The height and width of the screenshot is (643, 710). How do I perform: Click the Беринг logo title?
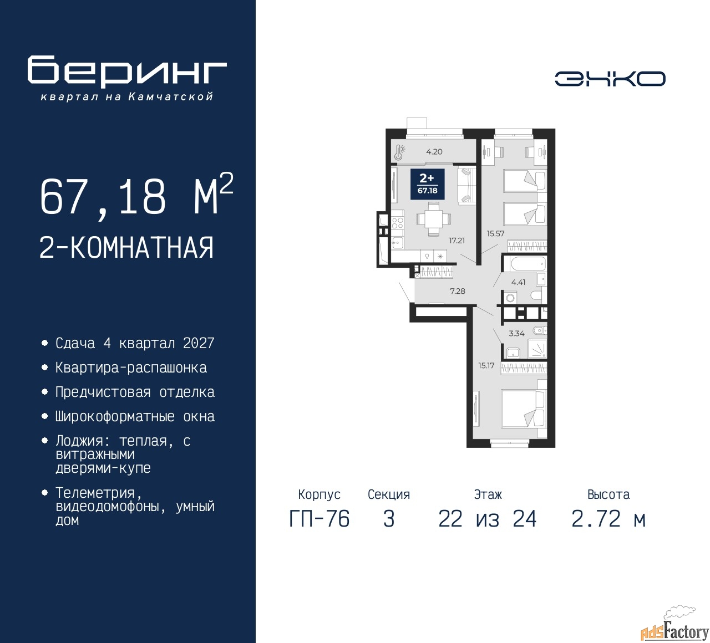(126, 71)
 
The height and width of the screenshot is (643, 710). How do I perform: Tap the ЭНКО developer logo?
(610, 79)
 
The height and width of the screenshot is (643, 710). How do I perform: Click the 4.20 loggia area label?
(434, 152)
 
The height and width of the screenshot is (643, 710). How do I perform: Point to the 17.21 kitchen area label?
(457, 241)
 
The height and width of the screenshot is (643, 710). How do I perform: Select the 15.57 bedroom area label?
(495, 233)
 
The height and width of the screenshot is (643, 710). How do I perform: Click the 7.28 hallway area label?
(458, 291)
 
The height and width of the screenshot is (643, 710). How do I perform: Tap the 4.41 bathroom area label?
(518, 282)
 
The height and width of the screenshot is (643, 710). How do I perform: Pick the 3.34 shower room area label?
(517, 333)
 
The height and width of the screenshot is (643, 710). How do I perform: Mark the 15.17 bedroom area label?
(486, 365)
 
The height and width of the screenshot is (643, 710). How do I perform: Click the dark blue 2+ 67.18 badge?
(428, 184)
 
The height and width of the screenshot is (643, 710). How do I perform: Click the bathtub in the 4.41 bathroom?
(524, 264)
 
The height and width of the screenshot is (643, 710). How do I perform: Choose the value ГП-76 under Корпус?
(319, 519)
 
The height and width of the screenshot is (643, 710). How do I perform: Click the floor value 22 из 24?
(488, 519)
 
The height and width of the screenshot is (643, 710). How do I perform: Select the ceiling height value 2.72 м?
(608, 519)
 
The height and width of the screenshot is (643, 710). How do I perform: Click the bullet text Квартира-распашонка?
(131, 368)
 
